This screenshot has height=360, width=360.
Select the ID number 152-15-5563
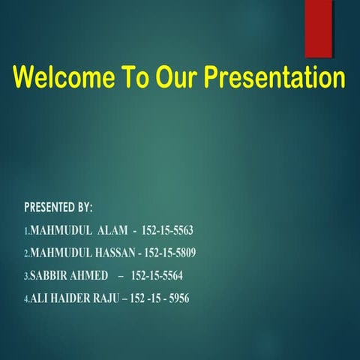pyautogui.click(x=166, y=230)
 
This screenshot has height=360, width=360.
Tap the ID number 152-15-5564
pyautogui.click(x=157, y=275)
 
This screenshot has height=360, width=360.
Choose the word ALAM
pyautogui.click(x=110, y=230)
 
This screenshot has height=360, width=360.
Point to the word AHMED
pyautogui.click(x=88, y=275)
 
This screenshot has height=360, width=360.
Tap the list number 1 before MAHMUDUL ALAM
pyautogui.click(x=26, y=231)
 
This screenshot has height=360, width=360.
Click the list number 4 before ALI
pyautogui.click(x=26, y=299)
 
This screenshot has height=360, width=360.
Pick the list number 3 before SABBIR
pyautogui.click(x=26, y=276)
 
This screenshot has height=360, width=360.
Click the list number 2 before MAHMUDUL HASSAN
pyautogui.click(x=26, y=253)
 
